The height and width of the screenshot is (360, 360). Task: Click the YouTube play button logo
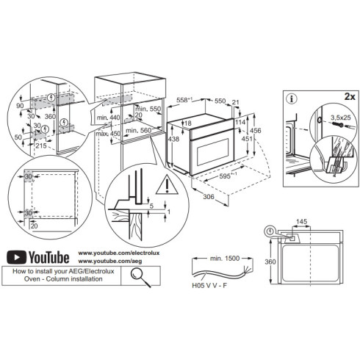[x=17, y=256]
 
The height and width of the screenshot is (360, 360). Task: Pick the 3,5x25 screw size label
[x=337, y=116]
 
